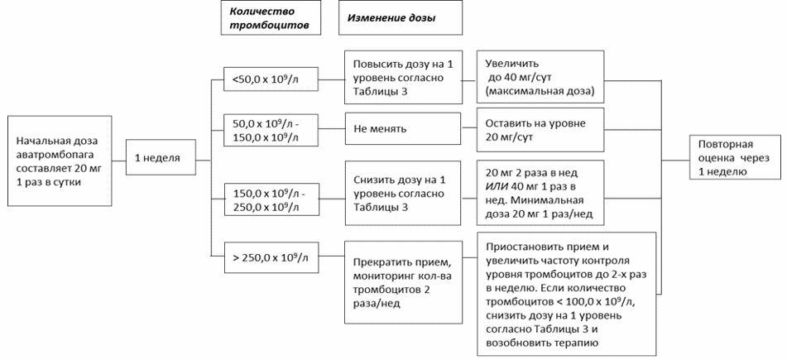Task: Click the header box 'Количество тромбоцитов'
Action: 271,17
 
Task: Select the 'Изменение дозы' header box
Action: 401,17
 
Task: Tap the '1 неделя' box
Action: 160,158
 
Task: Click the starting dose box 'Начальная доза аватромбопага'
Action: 60,161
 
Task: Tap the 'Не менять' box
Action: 402,129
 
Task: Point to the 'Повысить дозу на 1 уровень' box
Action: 402,77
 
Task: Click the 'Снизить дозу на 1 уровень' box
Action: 402,193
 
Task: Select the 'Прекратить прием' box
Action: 402,283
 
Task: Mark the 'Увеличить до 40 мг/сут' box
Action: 540,78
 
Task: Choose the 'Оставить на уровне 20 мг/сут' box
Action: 540,130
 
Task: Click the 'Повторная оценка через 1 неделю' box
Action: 735,158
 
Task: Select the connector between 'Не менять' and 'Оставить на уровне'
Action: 468,129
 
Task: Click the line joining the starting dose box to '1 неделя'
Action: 118,161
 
